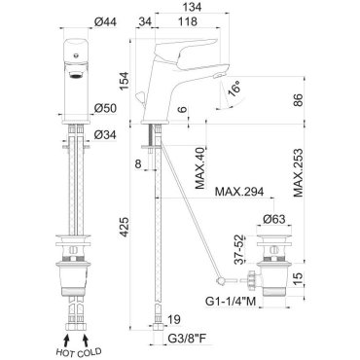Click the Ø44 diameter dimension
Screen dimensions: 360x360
(x=105, y=21)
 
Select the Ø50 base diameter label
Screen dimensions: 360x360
(x=105, y=108)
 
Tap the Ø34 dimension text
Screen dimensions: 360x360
(x=105, y=134)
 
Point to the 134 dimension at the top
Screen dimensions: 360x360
(x=192, y=7)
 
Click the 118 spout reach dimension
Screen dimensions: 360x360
(x=187, y=21)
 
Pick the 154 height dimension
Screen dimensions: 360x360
(x=125, y=81)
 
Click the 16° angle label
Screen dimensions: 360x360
(x=234, y=90)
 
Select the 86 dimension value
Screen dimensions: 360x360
(x=298, y=100)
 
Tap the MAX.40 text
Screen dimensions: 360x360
(x=200, y=168)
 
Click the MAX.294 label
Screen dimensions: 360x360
(x=239, y=192)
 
